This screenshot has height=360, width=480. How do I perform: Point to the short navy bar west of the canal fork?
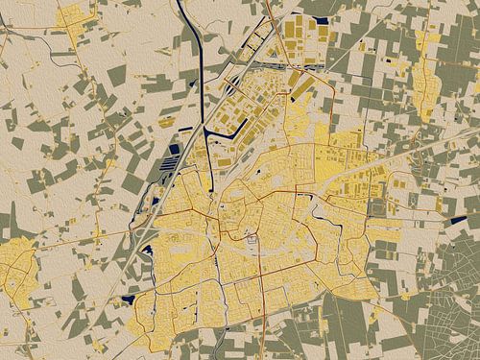tap(167, 126)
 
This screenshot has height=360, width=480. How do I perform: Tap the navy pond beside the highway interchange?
tap(148, 252)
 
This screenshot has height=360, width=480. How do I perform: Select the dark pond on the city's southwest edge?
tap(127, 300)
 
